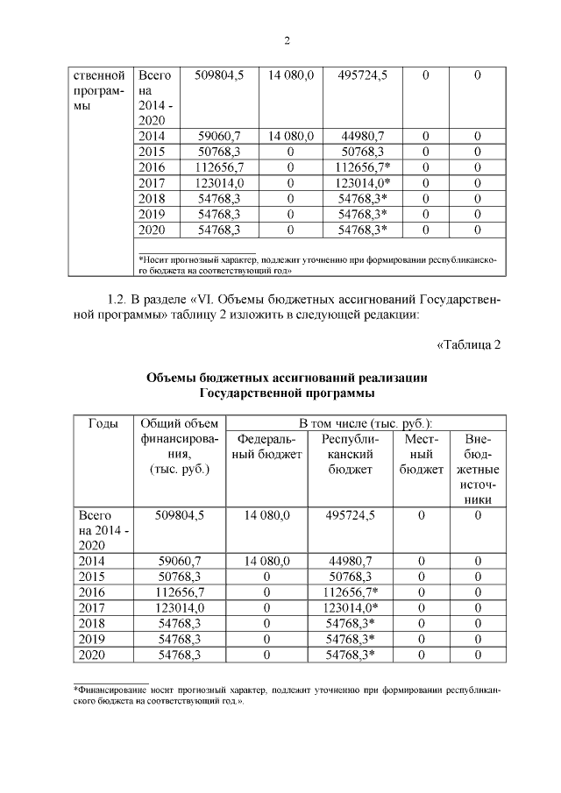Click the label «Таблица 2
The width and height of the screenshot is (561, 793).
click(x=467, y=343)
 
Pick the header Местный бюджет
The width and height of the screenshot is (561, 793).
click(x=421, y=455)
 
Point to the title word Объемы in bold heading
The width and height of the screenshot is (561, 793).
click(x=174, y=378)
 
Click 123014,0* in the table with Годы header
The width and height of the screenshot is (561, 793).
click(x=351, y=607)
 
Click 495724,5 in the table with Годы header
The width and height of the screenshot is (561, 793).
click(x=350, y=515)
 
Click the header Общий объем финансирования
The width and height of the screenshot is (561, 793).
click(x=179, y=447)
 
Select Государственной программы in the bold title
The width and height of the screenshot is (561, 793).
click(x=286, y=393)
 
